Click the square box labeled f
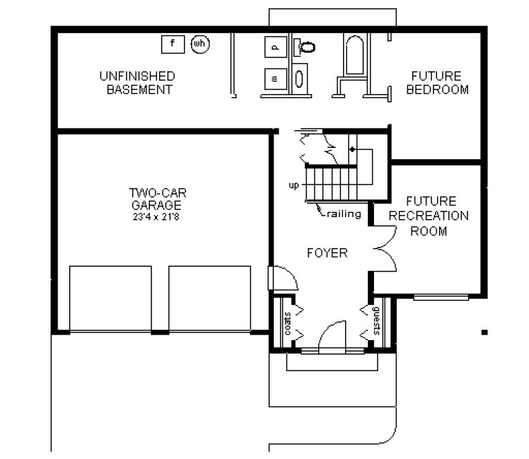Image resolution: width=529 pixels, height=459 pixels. pos(173,44)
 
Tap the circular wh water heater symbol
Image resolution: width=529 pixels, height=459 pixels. pos(200,44)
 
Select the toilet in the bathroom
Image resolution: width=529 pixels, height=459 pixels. pos(305,47)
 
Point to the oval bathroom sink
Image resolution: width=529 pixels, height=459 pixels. pos(300,77)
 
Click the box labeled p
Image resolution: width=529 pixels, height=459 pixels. pos(275,47)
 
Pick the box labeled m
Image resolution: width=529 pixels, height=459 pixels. pos(275,78)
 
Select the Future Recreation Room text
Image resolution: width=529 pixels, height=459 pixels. pos(428,216)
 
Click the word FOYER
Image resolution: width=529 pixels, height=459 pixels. pos(326,253)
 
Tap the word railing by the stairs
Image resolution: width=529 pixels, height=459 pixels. pos(344,214)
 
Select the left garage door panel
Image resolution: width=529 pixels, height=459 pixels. pos(111,299)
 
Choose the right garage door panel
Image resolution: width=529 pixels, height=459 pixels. pos(210,299)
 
